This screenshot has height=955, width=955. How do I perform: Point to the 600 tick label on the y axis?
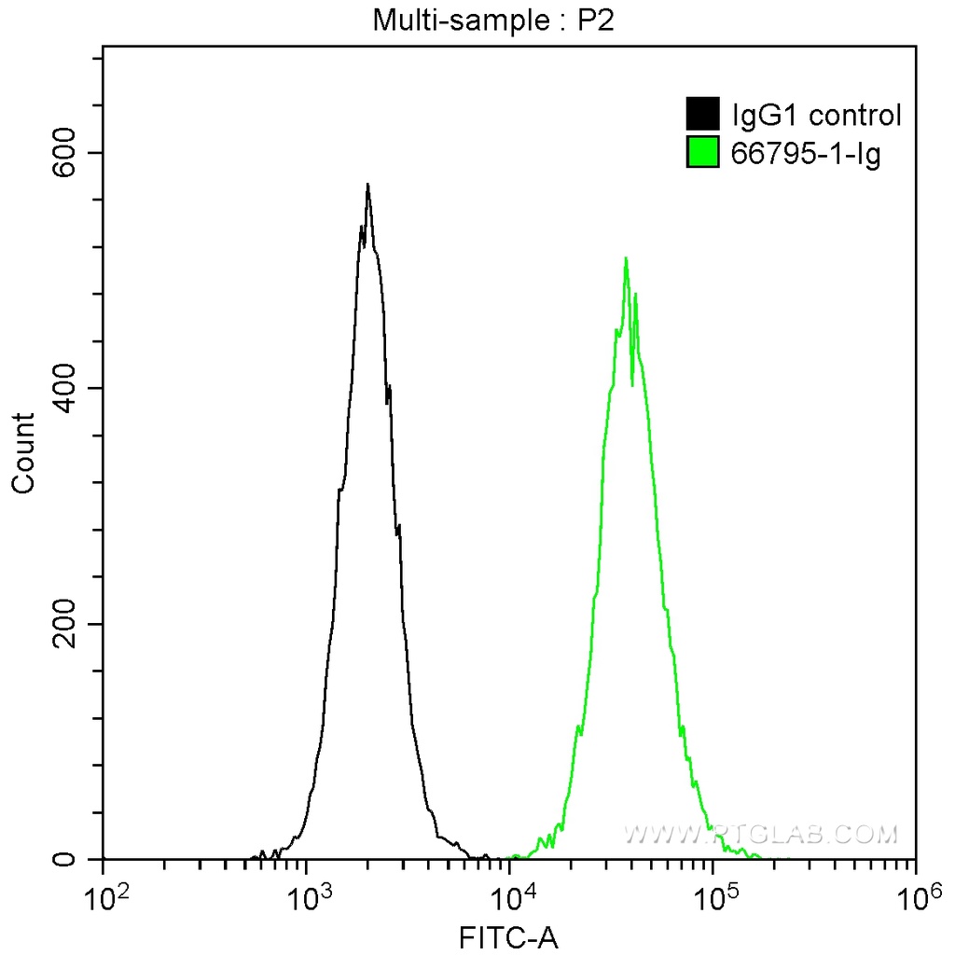pos(68,153)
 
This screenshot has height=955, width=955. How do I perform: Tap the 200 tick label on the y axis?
pos(68,624)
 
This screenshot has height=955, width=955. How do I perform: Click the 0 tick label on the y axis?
pos(81,859)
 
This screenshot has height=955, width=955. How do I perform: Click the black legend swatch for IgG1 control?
pos(702,115)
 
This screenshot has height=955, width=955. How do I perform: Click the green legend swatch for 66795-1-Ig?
pos(702,152)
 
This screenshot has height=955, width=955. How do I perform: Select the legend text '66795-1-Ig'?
pos(807,153)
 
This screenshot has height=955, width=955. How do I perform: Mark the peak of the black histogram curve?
pos(367,185)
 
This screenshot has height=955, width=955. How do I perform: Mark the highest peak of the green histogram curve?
pos(626,258)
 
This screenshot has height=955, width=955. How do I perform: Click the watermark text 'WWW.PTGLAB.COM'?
pos(759,833)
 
